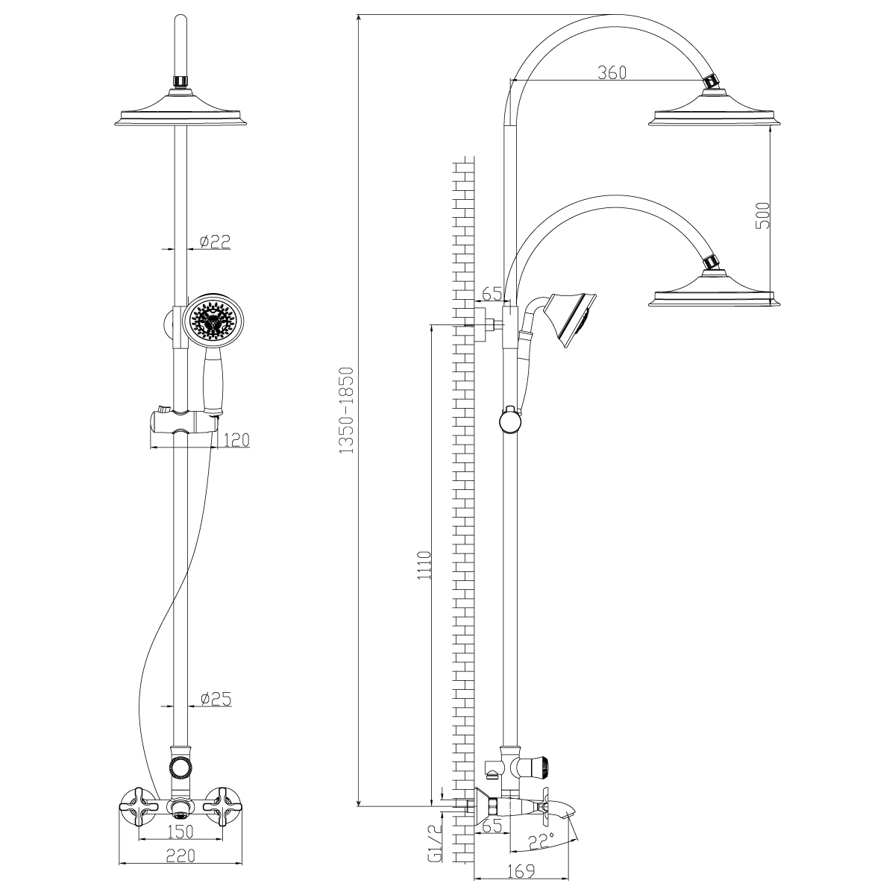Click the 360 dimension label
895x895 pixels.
pos(612,72)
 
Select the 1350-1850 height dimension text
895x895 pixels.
pos(345,410)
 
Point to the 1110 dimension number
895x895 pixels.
pos(424,570)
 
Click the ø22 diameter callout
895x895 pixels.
pos(215,241)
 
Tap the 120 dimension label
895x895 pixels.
pos(236,440)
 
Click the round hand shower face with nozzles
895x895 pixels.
pos(213,319)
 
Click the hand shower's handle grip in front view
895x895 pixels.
pos(213,382)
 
